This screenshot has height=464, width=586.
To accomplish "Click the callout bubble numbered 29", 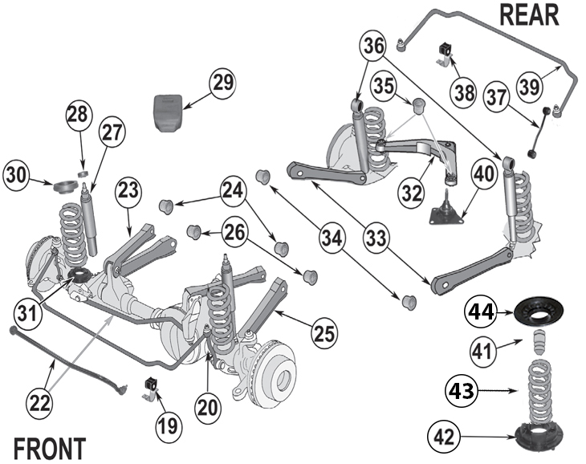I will point(222,82).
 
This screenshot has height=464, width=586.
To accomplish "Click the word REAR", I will point(529,14).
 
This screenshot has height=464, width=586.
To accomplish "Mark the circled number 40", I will point(483,174).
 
